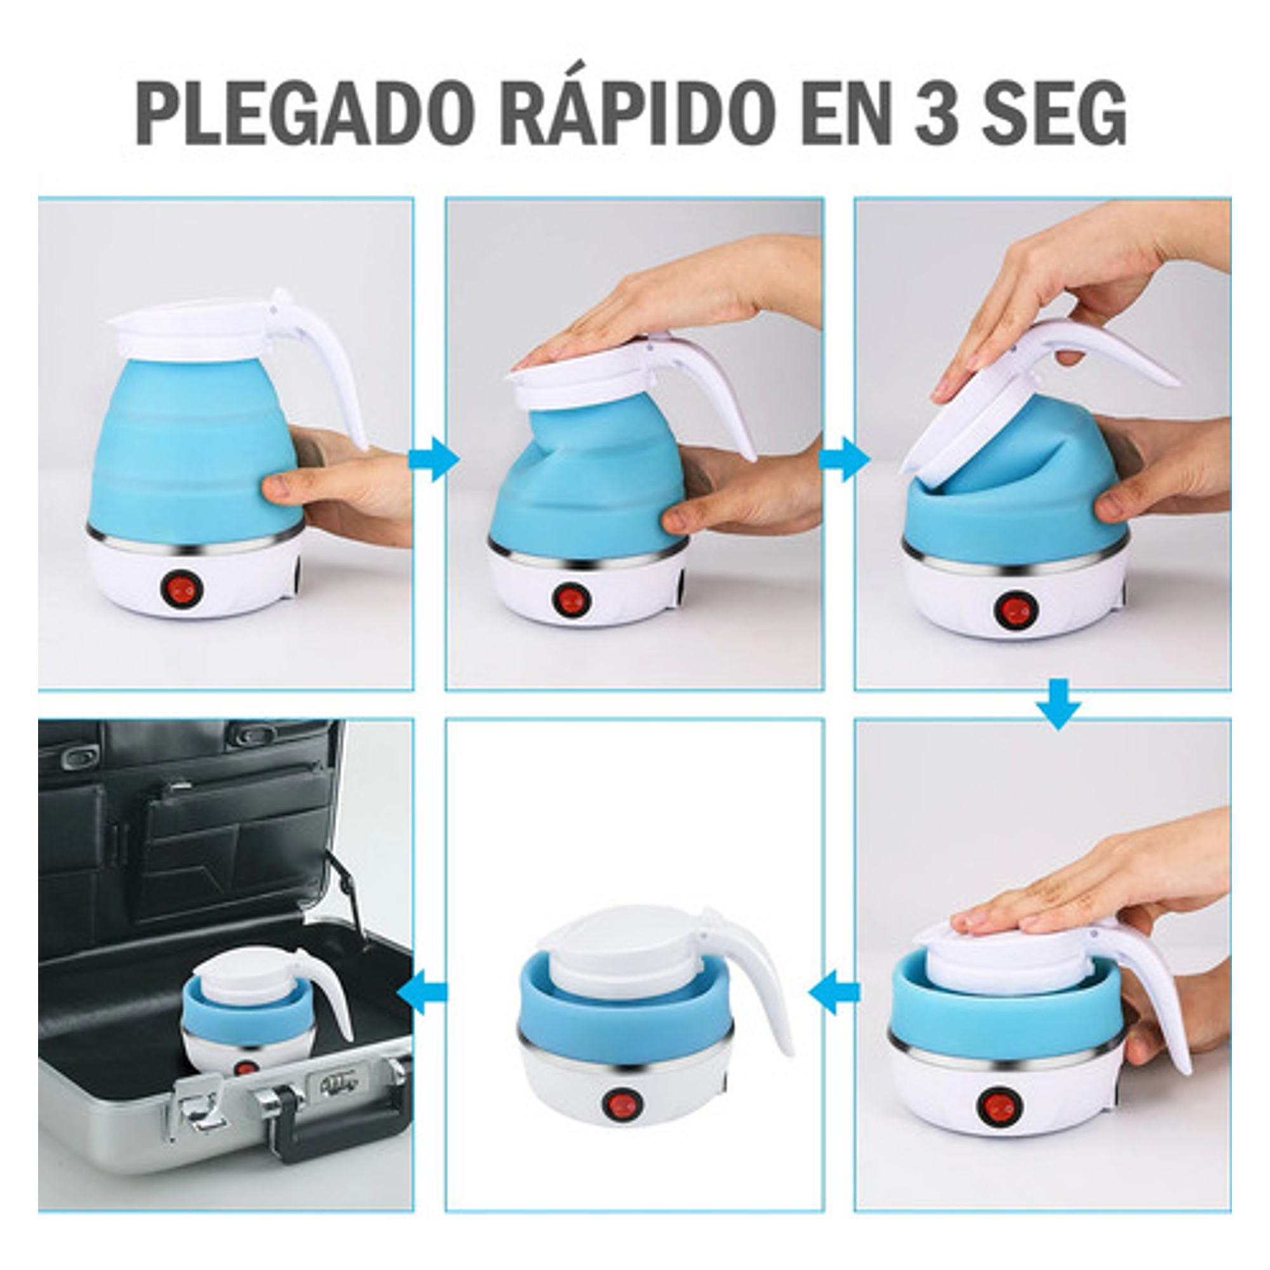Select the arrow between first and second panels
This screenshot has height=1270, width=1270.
pyautogui.click(x=432, y=461)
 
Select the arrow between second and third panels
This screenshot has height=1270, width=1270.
pyautogui.click(x=844, y=461)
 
